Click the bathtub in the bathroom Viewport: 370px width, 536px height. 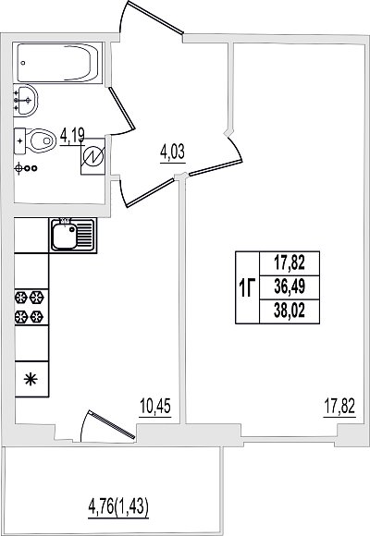(x=58, y=63)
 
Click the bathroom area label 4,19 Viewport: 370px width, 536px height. (x=72, y=137)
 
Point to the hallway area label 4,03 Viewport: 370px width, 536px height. (x=172, y=153)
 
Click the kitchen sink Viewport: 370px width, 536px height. (x=72, y=236)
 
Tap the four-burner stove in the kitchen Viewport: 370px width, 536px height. (x=30, y=308)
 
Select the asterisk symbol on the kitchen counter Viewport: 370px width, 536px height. (x=31, y=380)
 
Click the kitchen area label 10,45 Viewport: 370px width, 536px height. (x=155, y=408)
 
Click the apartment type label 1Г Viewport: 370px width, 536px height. (x=247, y=287)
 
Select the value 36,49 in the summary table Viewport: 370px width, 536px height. (x=290, y=287)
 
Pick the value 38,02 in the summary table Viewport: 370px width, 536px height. (x=290, y=311)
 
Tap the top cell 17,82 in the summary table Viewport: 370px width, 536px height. (x=290, y=263)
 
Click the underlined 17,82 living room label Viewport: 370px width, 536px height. (x=339, y=408)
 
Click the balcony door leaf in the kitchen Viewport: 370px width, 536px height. (x=112, y=424)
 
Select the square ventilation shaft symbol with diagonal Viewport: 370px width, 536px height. (x=92, y=156)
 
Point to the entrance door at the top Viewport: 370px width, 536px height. (x=155, y=18)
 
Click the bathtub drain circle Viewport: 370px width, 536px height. (x=23, y=63)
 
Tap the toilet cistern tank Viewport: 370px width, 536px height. (x=19, y=140)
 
